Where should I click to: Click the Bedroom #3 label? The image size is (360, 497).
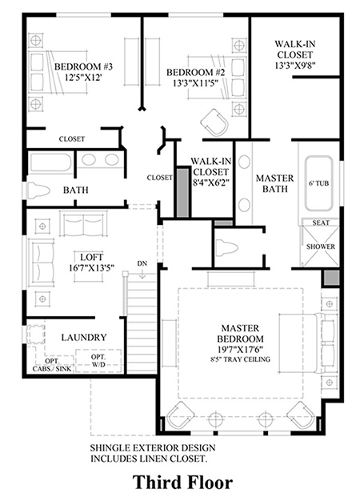tap(83, 67)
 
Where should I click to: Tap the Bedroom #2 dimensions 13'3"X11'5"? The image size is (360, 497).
tap(195, 83)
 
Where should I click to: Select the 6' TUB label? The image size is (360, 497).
tap(319, 183)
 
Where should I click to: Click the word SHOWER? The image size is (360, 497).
tap(320, 246)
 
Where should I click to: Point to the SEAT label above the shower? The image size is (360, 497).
tap(321, 222)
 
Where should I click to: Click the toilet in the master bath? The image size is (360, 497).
tap(226, 247)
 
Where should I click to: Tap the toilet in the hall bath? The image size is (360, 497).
tap(38, 190)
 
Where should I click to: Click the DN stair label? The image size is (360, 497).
tap(142, 263)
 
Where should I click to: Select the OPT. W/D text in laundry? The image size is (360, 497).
tap(98, 361)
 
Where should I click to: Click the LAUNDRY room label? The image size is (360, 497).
tap(84, 337)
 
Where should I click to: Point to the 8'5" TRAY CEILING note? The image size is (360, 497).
tap(240, 359)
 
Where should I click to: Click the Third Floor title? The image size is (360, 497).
tap(182, 482)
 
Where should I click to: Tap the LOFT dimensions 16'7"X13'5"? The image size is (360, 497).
tap(91, 268)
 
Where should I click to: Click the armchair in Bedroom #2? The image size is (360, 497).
tap(214, 123)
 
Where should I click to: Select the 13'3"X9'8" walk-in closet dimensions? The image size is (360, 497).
tap(294, 66)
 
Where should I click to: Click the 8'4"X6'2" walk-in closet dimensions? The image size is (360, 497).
tap(210, 182)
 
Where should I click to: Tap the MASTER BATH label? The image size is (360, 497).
tap(274, 183)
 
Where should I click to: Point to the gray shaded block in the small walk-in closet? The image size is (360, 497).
tap(182, 192)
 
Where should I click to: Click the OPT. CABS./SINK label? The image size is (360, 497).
tap(52, 365)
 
